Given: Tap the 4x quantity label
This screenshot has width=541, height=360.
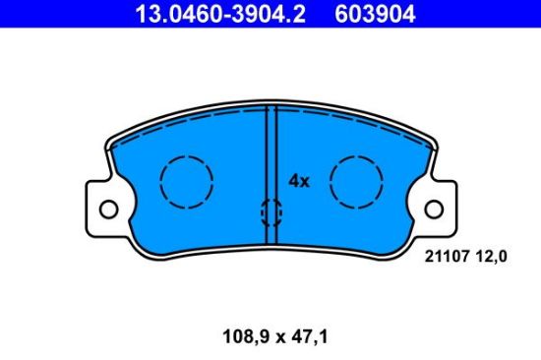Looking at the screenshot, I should click(298, 181).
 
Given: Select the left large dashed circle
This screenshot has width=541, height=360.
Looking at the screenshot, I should click(186, 182).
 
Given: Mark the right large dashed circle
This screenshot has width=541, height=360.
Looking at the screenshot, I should click(356, 182).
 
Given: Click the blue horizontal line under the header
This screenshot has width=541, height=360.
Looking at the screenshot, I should click(270, 30).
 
